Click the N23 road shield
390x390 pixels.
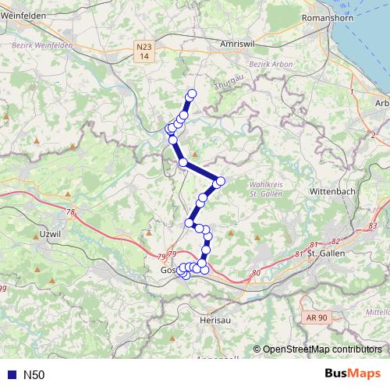pos(142,51)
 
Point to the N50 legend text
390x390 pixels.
pos(34,375)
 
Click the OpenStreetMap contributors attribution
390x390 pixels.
pos(321,350)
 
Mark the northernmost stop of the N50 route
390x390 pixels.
pos(191,94)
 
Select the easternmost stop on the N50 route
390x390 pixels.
pos(220,182)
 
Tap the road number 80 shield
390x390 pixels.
pos(256,273)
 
